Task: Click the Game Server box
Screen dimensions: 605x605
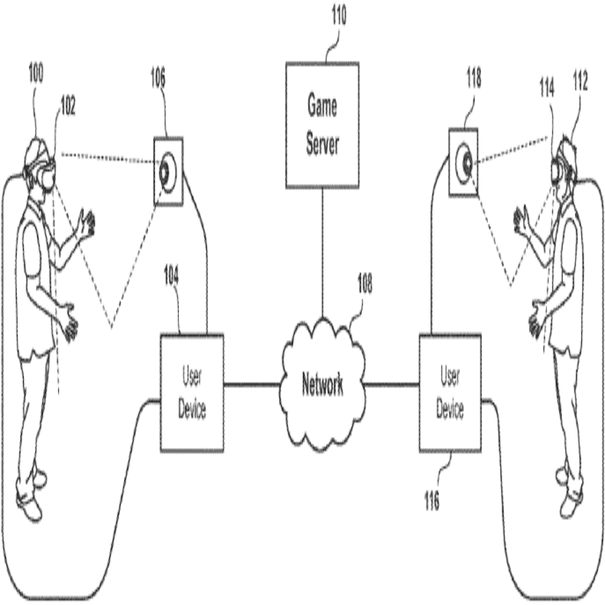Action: (322, 125)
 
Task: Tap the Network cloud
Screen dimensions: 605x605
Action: (322, 385)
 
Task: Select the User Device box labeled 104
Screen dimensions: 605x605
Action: (192, 393)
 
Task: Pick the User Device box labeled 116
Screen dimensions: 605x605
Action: (450, 393)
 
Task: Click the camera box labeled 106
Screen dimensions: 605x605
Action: (168, 171)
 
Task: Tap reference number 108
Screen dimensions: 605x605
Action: (365, 286)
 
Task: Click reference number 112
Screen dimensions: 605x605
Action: (580, 83)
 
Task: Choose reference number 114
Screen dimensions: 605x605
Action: (547, 89)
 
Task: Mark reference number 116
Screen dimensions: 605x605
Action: (432, 503)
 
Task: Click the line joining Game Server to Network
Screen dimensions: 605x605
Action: (322, 254)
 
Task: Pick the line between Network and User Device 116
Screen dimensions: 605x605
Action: (391, 385)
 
